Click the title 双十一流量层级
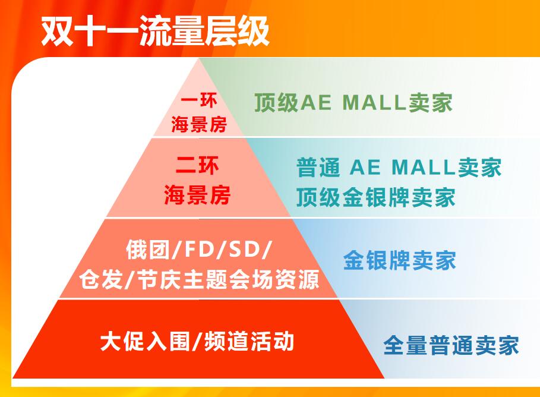pos(155,31)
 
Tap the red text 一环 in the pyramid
pos(199,100)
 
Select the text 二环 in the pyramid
pos(197,165)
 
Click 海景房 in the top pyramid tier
pos(199,124)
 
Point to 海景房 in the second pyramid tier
pos(197,195)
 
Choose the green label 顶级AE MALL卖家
pos(353,102)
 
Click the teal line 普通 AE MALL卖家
pos(399,167)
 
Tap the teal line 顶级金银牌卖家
pos(375,197)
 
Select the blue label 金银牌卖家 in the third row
pos(399,260)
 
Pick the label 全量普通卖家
pos(451,345)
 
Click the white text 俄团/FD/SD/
pos(199,249)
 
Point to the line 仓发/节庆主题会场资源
pos(199,279)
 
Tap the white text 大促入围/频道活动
pos(197,341)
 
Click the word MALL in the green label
pos(374,102)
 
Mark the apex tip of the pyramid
pos(199,59)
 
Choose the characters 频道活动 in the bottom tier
pos(250,341)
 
